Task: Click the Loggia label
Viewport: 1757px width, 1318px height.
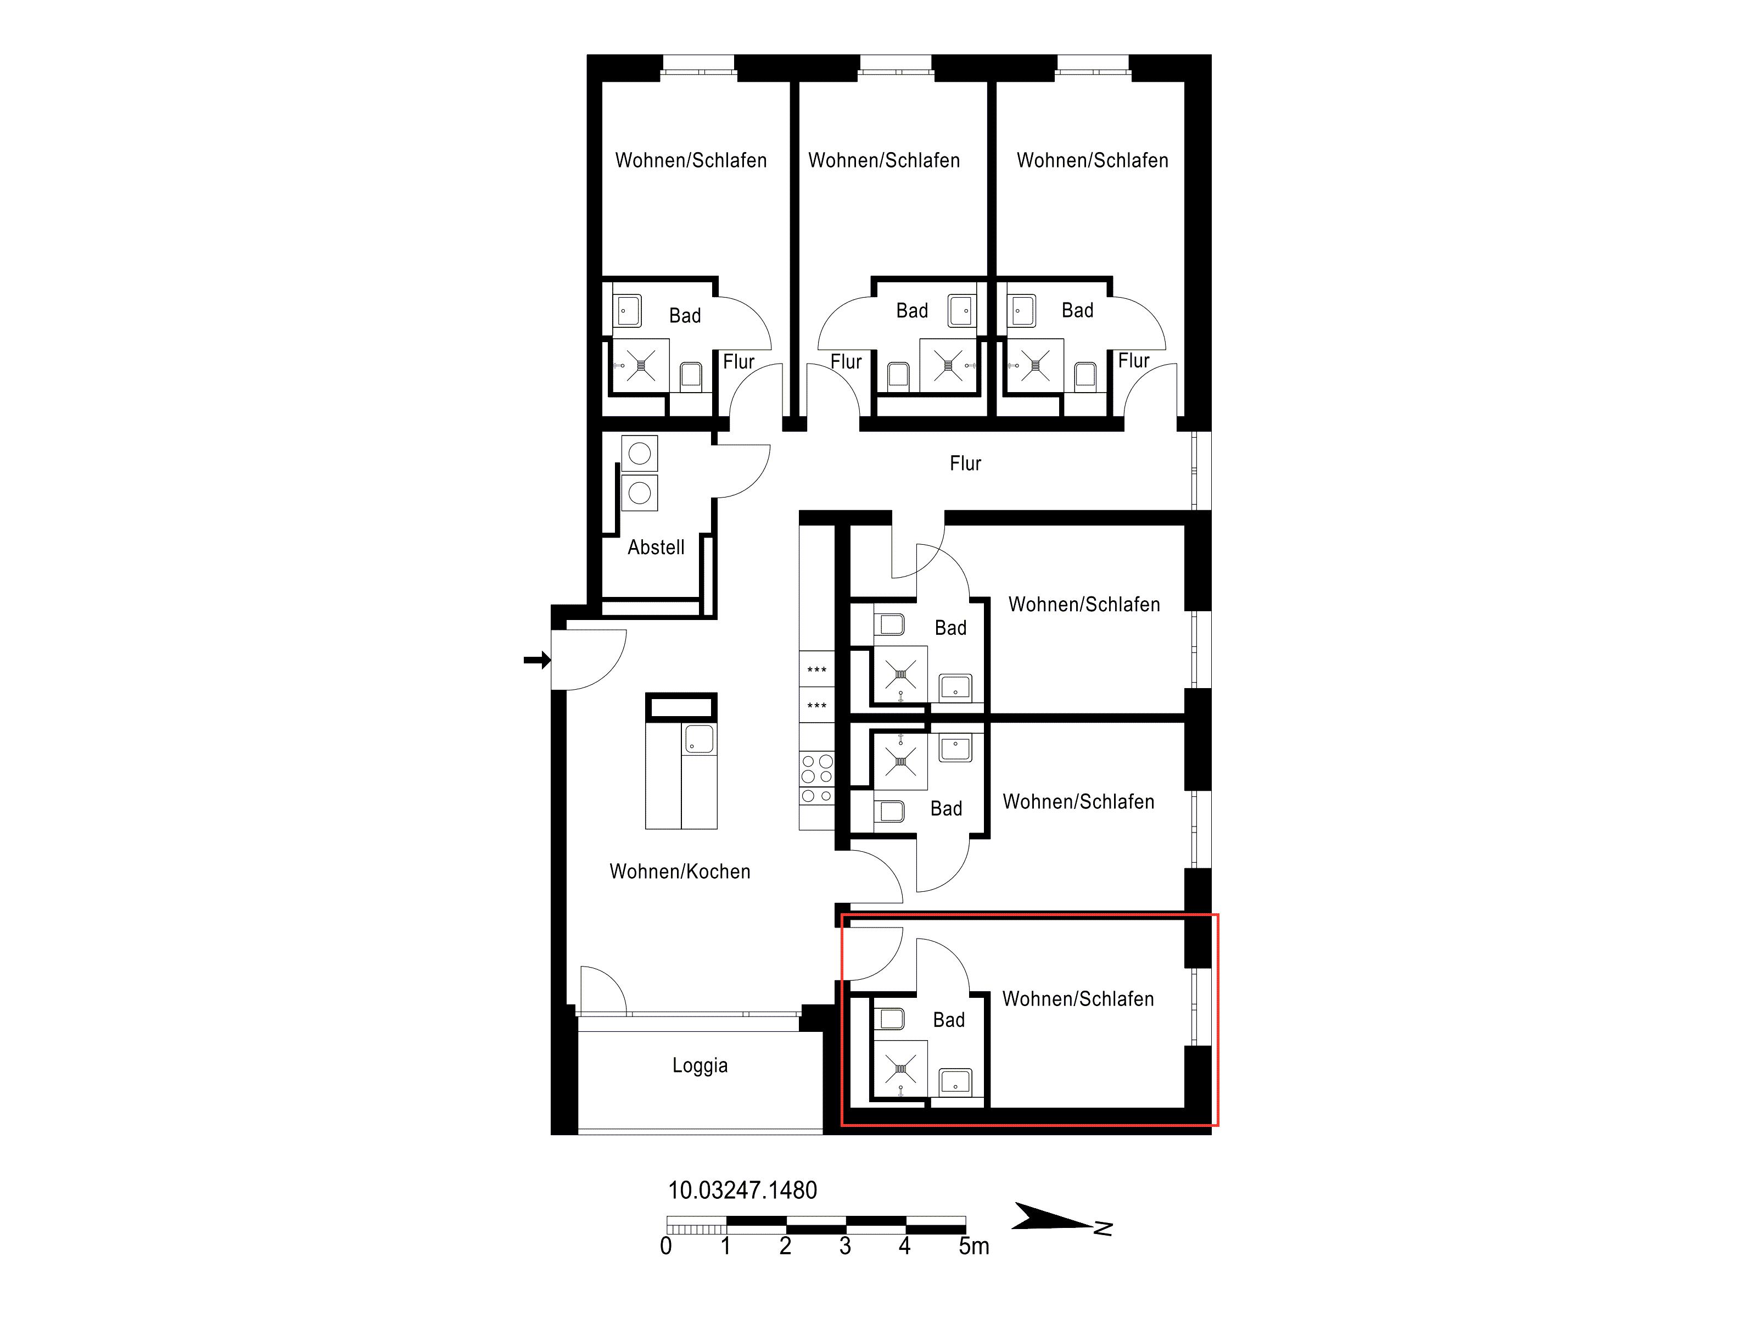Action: (x=700, y=1065)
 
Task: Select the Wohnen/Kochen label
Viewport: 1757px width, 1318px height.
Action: (x=680, y=872)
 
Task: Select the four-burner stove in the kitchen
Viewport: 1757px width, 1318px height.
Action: (x=816, y=778)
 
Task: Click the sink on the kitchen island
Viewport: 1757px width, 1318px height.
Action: (x=699, y=739)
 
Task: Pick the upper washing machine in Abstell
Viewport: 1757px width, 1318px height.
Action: (x=640, y=454)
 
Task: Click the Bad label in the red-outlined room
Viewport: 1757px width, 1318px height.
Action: (x=948, y=1020)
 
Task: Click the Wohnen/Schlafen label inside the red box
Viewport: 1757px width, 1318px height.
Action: (x=1078, y=998)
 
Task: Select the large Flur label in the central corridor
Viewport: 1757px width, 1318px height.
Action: (x=965, y=463)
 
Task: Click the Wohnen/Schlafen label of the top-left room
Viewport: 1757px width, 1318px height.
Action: (x=691, y=160)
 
